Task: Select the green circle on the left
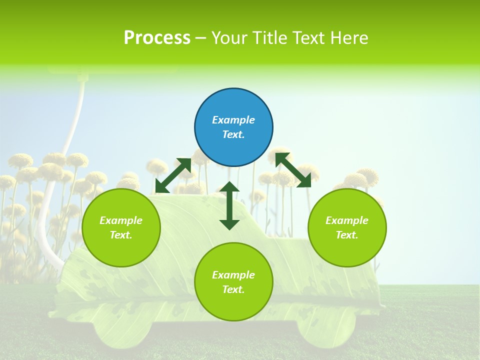coord(121,227)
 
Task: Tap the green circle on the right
coord(347,227)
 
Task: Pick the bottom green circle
coord(233,281)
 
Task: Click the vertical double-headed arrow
coord(229,205)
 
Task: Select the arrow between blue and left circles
coord(173,175)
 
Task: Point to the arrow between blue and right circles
coord(293,170)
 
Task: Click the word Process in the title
coord(157,37)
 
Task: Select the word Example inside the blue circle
coord(233,120)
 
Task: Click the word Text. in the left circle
coord(121,235)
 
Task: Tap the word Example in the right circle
coord(347,220)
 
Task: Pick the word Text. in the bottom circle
coord(233,289)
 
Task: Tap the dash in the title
coord(200,38)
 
